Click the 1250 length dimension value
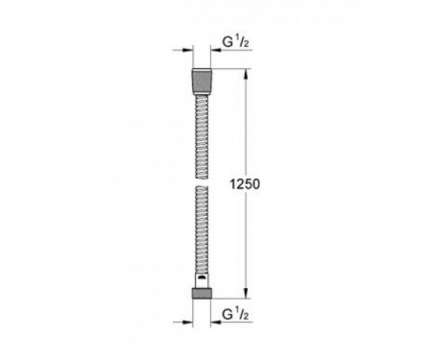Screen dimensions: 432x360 (245, 184)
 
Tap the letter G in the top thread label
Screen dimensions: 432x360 (228, 42)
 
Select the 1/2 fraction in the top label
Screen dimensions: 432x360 (242, 41)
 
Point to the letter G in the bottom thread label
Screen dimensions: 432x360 (228, 315)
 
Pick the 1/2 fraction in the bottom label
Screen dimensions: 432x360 (242, 314)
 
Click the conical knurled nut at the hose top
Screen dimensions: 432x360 (202, 82)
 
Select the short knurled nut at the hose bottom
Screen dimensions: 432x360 (202, 293)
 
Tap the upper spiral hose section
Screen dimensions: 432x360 (202, 136)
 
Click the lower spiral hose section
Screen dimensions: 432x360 (202, 229)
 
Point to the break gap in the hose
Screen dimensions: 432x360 (202, 182)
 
